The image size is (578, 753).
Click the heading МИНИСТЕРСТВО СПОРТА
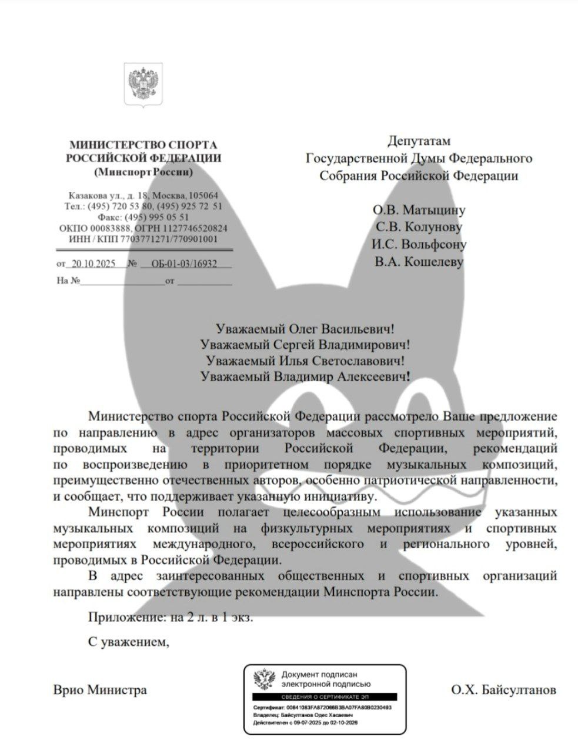coord(143,145)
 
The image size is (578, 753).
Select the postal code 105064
coord(202,195)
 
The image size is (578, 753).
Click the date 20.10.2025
coord(93,264)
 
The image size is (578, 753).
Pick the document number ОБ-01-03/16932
coord(183,264)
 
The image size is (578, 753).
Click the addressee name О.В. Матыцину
coord(419,210)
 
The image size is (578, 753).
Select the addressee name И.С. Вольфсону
coord(419,244)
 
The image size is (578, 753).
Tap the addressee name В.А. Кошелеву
coord(419,261)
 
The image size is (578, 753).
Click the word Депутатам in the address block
coord(419,141)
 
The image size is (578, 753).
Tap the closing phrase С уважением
coord(129,642)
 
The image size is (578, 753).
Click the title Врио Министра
coord(100,689)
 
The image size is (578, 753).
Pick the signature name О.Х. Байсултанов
coord(503,689)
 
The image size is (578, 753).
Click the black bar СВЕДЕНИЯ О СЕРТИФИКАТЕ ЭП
coord(325,696)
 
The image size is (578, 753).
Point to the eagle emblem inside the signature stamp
coord(265,679)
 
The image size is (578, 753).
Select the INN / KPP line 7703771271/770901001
coord(143,239)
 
